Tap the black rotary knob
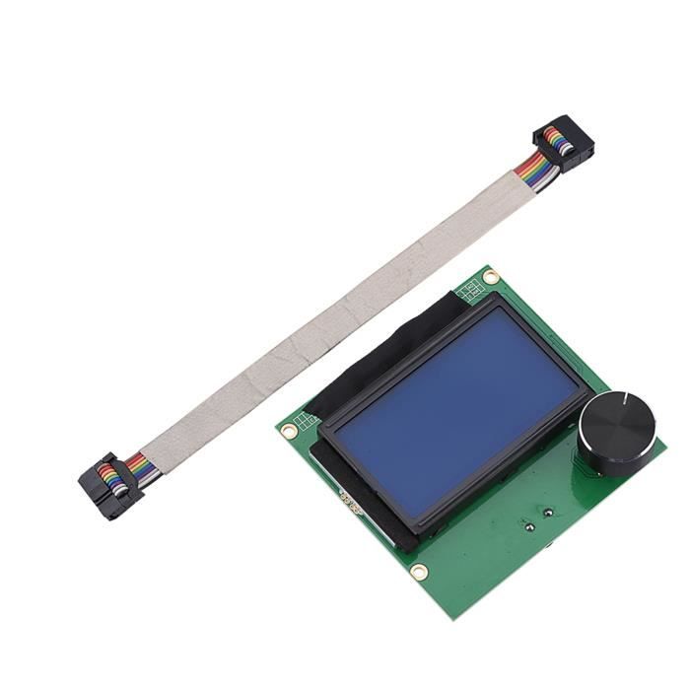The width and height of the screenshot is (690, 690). (x=617, y=435)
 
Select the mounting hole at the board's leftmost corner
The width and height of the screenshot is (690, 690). (x=290, y=430)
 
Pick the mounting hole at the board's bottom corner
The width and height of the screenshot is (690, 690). (x=419, y=571)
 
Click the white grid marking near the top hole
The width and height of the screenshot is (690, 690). (x=471, y=288)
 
